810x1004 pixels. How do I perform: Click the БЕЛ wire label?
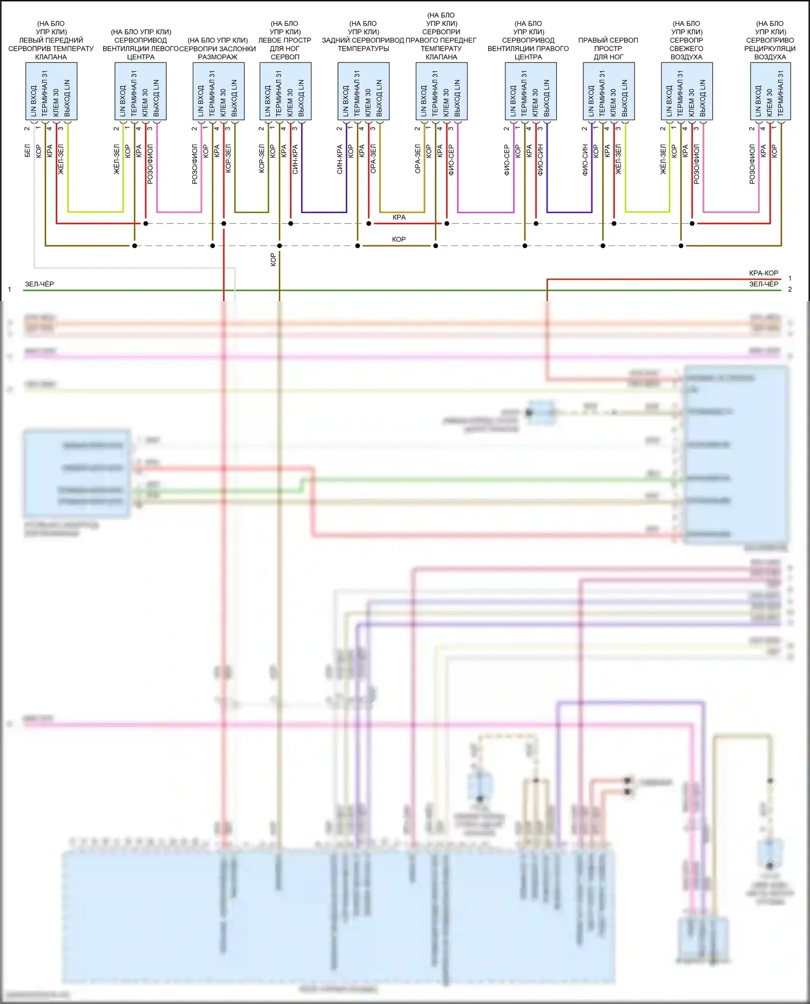[x=28, y=151]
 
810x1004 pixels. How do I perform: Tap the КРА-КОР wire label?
[x=763, y=273]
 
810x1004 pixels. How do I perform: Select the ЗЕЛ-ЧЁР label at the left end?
[x=39, y=284]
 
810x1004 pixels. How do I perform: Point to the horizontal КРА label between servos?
[x=399, y=217]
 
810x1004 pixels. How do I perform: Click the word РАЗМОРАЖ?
[x=218, y=57]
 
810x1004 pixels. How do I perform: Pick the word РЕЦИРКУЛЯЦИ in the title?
[x=769, y=49]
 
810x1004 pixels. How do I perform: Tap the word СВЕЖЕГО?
[x=686, y=49]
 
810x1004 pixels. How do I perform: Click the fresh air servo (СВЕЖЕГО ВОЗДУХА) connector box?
[x=686, y=91]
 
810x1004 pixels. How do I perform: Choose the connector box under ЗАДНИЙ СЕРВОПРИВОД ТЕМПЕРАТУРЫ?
[x=363, y=91]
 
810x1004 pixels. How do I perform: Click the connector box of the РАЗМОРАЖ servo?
[x=218, y=91]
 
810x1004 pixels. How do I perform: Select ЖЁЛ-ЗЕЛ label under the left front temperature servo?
[x=61, y=159]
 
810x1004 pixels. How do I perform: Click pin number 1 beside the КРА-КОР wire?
[x=789, y=278]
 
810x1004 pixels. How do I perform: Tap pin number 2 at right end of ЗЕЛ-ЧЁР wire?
[x=789, y=290]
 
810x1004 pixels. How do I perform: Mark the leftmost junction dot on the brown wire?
[x=134, y=246]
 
